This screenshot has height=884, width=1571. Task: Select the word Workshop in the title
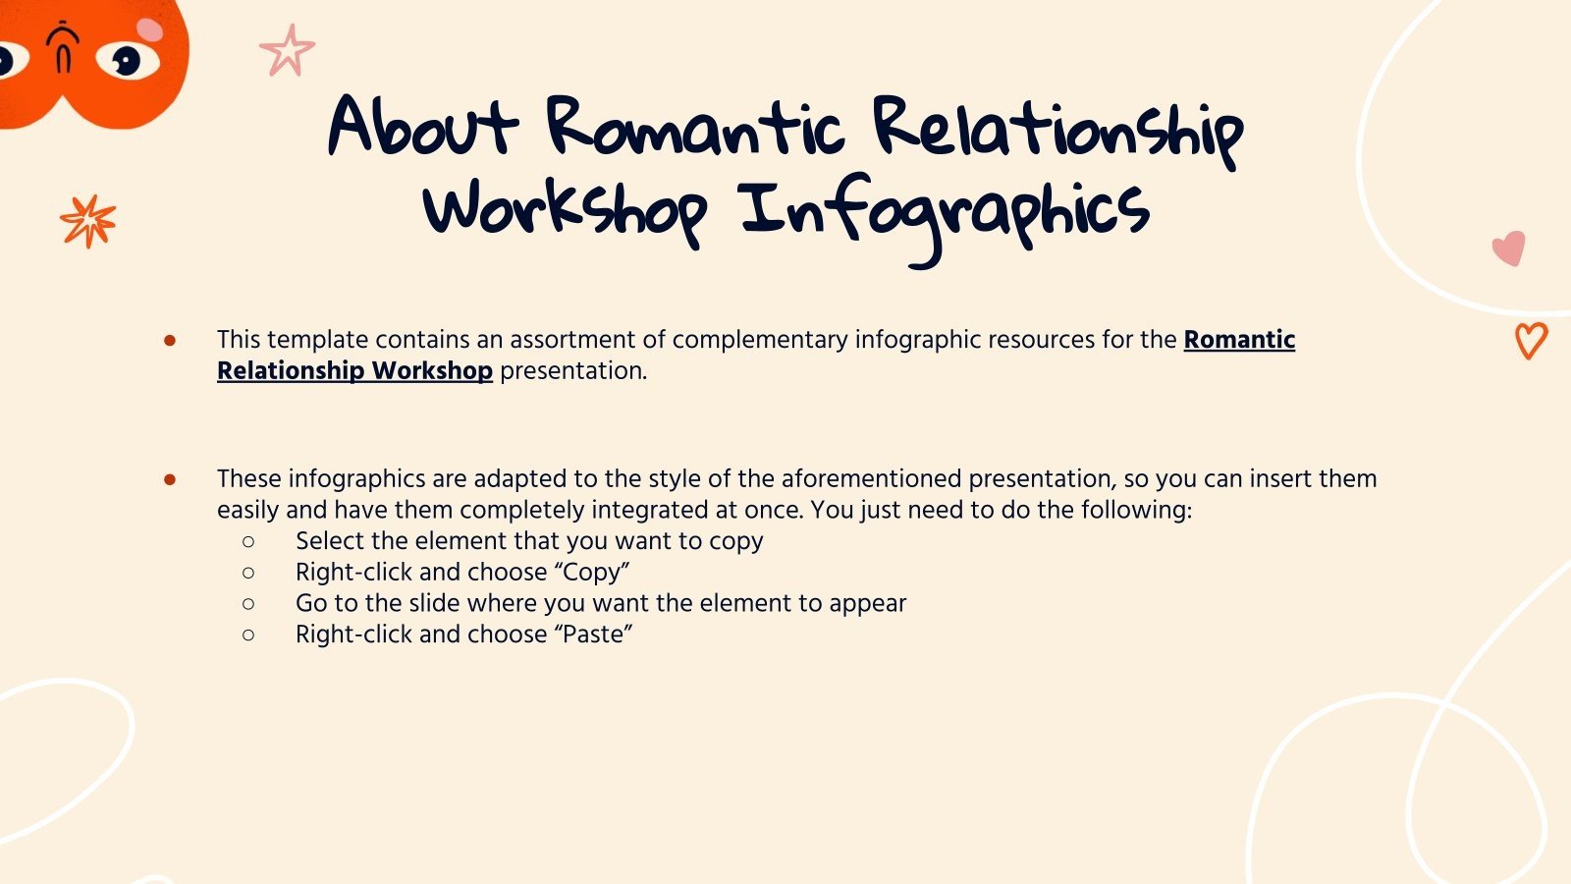tap(565, 211)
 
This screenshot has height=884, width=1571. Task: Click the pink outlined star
tap(287, 52)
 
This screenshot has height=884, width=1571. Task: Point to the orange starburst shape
tap(87, 220)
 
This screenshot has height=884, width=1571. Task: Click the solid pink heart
tap(1509, 248)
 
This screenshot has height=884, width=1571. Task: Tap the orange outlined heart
tap(1531, 340)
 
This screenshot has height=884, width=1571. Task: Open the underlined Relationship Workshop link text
tap(354, 370)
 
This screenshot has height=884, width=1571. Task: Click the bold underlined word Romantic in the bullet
tap(1239, 339)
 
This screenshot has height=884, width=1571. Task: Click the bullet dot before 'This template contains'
tap(170, 340)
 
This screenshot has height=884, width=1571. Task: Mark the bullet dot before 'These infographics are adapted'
tap(170, 479)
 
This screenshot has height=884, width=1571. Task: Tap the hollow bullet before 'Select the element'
tap(248, 541)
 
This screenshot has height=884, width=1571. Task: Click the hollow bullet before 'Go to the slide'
tap(248, 603)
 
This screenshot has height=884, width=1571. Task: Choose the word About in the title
tap(422, 128)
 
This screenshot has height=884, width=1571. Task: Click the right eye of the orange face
tap(128, 61)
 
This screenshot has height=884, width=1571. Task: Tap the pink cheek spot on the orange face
tap(149, 29)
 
